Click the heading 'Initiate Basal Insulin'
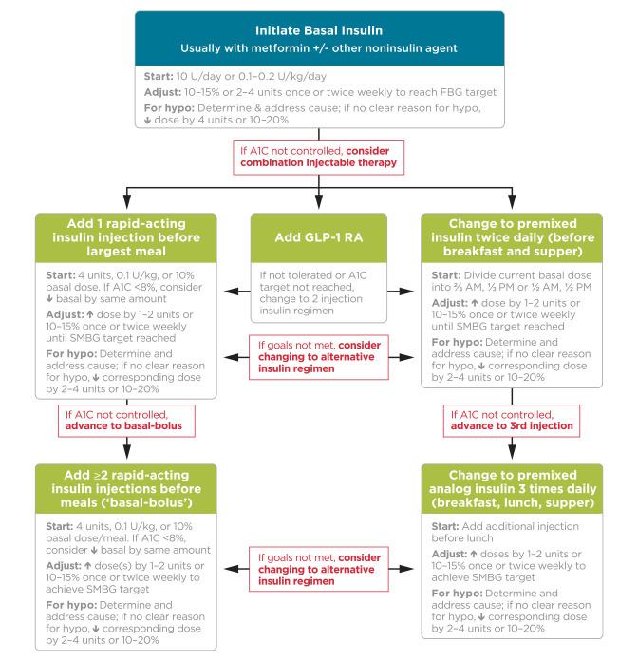click(319, 29)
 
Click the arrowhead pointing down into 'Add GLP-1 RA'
click(319, 208)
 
